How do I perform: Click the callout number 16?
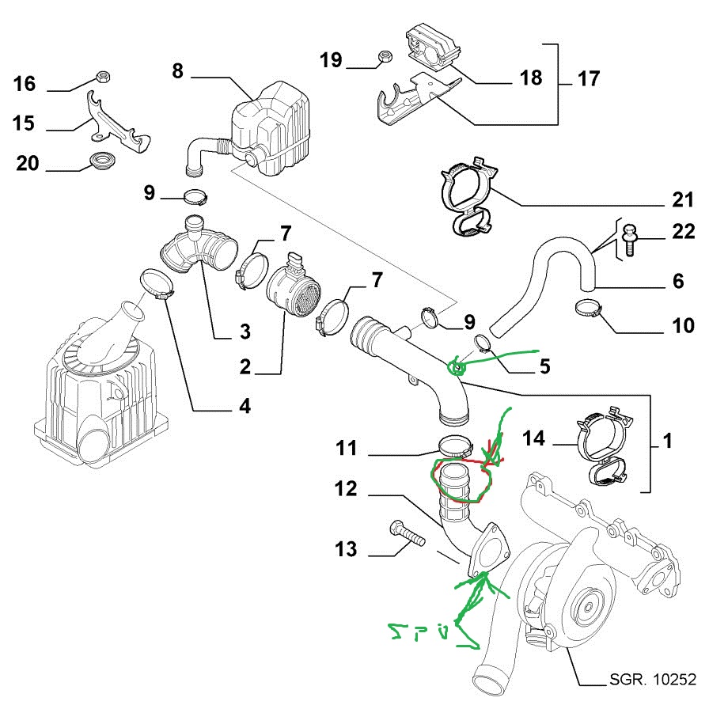[25, 84]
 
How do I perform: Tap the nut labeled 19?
[383, 57]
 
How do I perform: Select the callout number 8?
[177, 71]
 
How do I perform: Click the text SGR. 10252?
[652, 679]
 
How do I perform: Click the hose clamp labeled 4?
[156, 284]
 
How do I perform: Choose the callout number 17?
[589, 79]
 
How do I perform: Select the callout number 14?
[535, 438]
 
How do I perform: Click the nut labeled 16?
[102, 77]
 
